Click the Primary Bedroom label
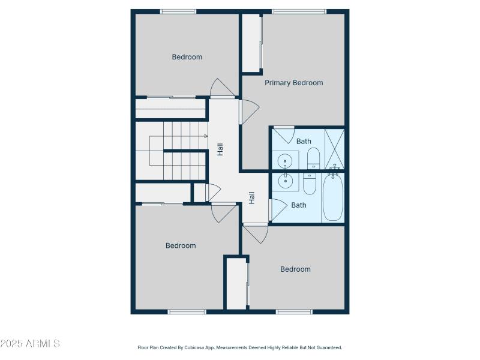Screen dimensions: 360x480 (x=294, y=83)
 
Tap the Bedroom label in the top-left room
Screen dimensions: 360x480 (x=187, y=57)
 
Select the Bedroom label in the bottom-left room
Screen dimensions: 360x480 (x=181, y=245)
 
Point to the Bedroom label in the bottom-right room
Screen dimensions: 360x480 (x=296, y=269)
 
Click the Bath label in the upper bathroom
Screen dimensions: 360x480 (x=304, y=142)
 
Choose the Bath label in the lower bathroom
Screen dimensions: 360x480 (x=299, y=205)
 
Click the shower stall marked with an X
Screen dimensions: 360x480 (x=334, y=149)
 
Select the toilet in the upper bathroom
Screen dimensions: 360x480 (x=314, y=158)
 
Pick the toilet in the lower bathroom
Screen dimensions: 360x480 (x=310, y=183)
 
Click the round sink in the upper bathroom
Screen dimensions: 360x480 (x=285, y=161)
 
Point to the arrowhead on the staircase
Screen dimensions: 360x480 (x=206, y=136)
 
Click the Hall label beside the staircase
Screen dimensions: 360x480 (x=220, y=149)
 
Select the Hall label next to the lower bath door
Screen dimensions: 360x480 (x=252, y=197)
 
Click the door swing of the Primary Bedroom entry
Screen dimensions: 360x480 (x=250, y=112)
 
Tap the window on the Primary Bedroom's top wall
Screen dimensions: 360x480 (x=298, y=11)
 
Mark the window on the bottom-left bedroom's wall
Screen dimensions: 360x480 (x=187, y=311)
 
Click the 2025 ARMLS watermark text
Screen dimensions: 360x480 (x=30, y=344)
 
